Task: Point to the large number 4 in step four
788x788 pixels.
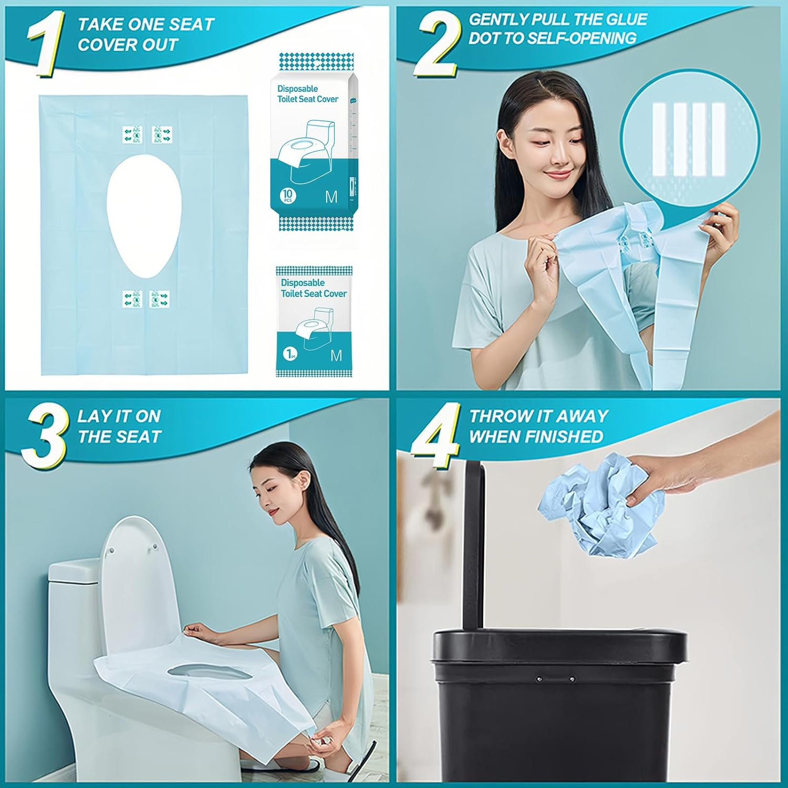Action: (436, 436)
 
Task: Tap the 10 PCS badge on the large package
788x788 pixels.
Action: (287, 195)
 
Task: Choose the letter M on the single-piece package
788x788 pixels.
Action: (336, 356)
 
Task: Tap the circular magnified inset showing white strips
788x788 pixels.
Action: (689, 139)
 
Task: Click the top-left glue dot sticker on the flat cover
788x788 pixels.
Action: (132, 134)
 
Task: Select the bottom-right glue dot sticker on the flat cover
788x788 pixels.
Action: (159, 299)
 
